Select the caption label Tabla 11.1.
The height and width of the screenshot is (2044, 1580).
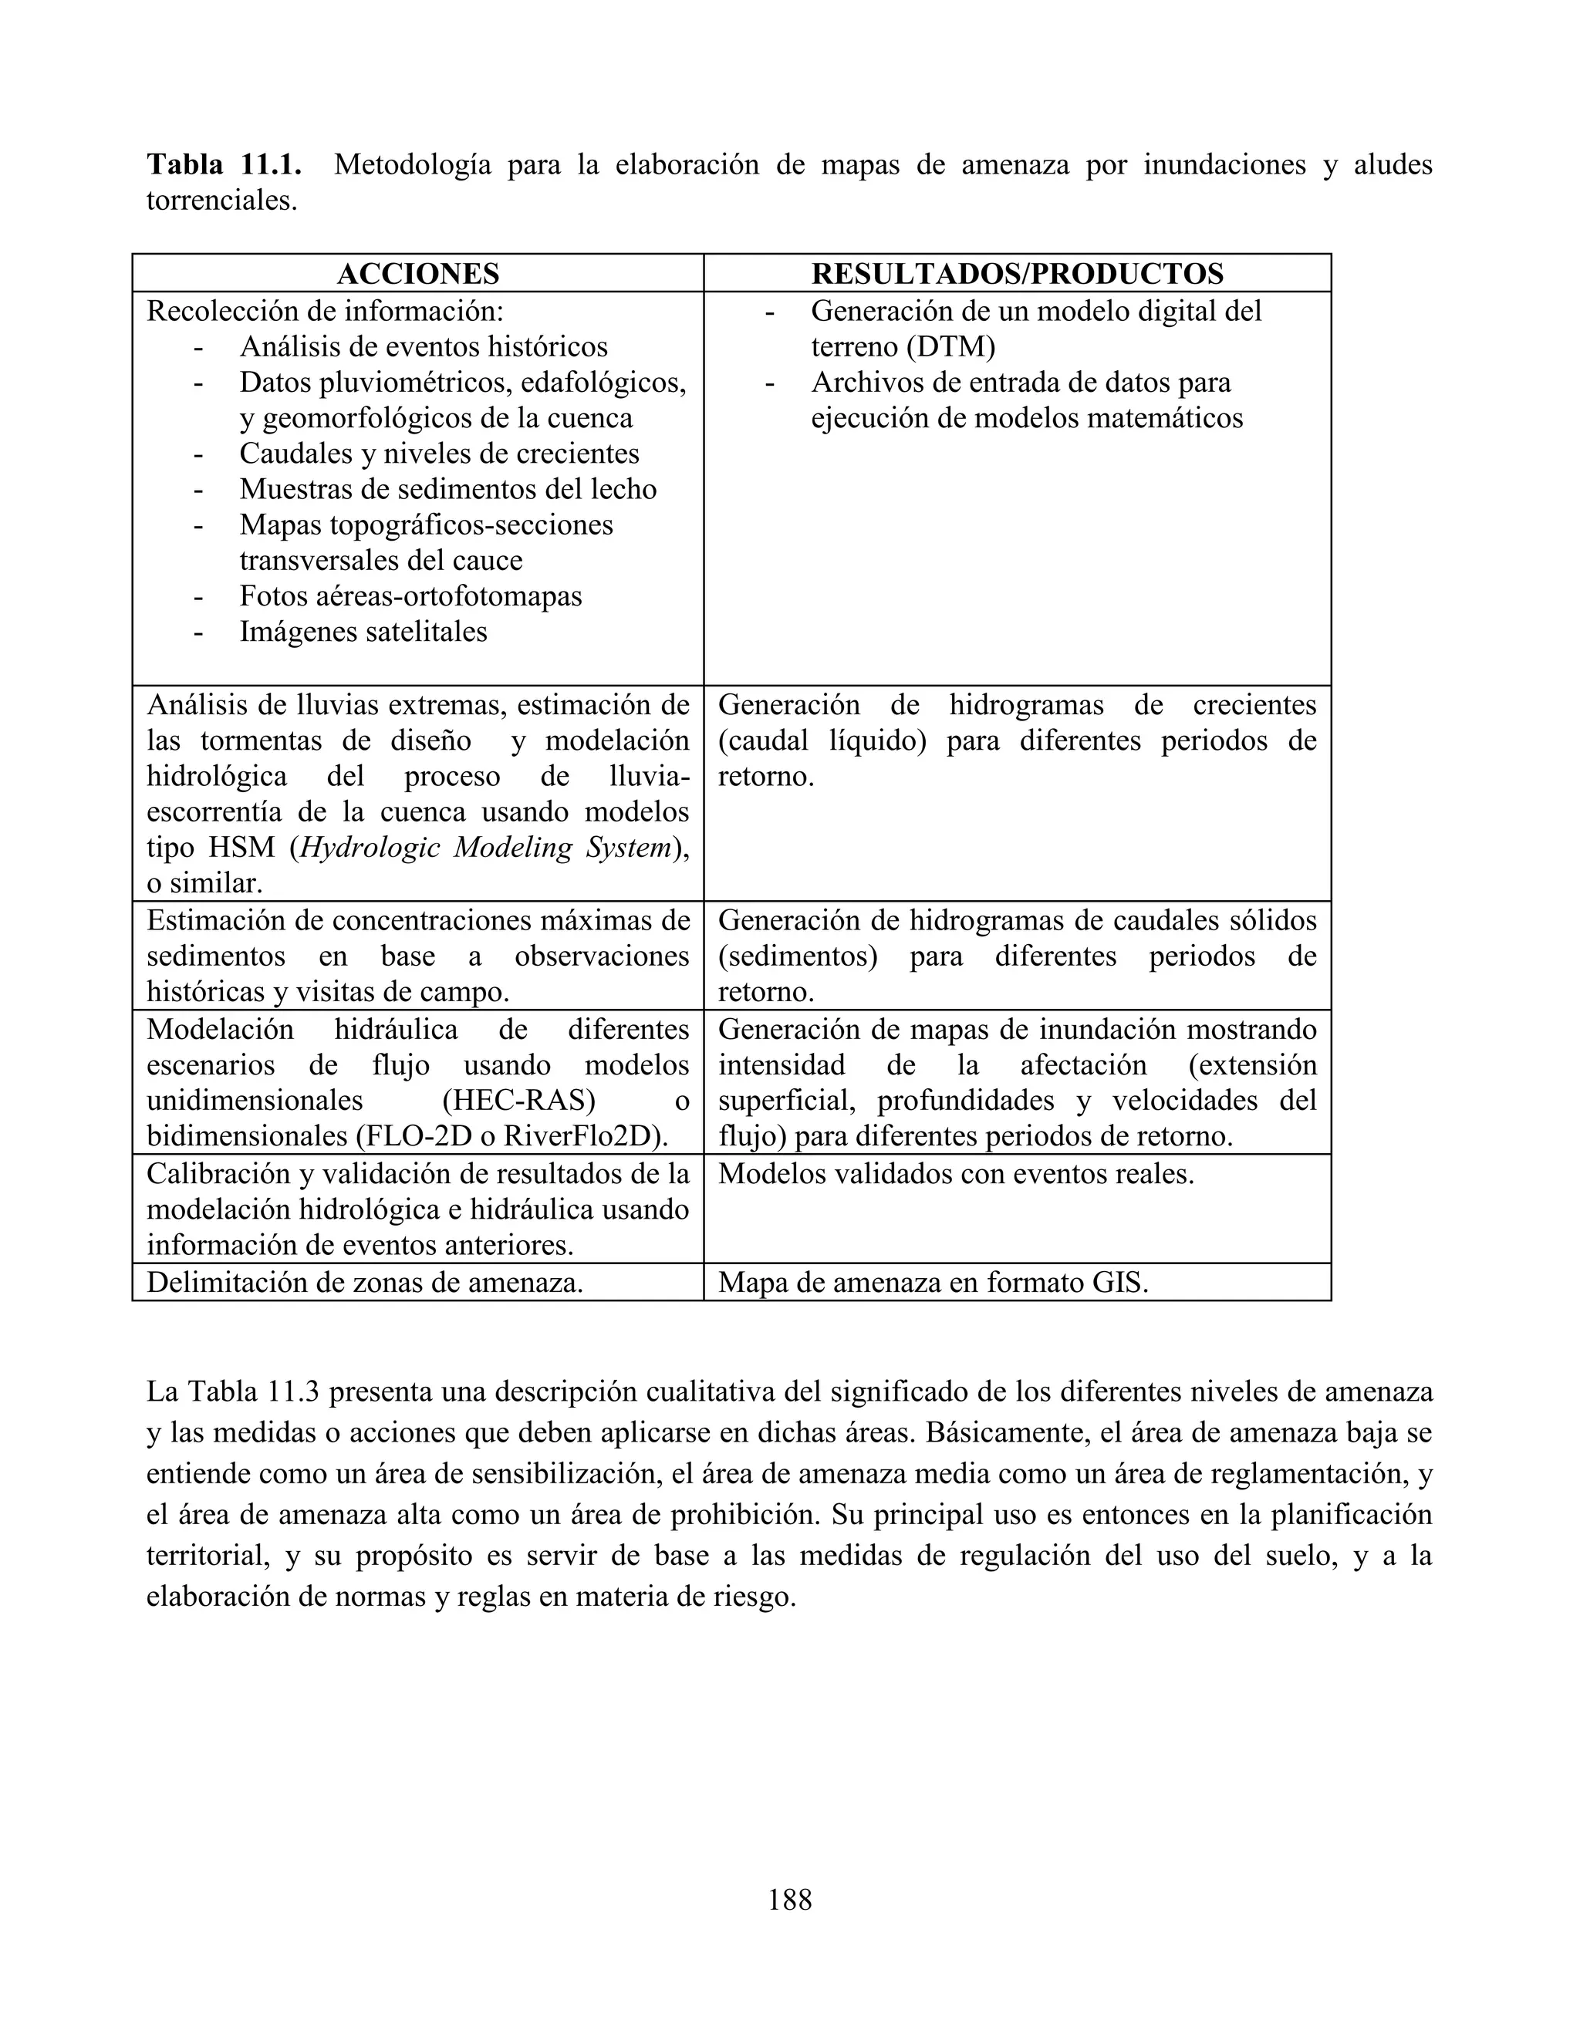coord(224,165)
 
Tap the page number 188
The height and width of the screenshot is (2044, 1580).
coord(789,1900)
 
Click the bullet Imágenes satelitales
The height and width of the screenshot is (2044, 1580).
coord(363,632)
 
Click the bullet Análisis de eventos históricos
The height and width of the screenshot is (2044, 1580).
coord(423,347)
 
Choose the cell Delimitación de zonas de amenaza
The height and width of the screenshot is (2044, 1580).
coord(364,1282)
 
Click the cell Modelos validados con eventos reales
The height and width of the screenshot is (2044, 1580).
coord(956,1174)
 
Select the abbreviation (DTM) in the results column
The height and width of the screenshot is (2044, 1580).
coord(950,347)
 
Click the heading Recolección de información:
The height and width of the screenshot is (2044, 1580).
coord(325,311)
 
